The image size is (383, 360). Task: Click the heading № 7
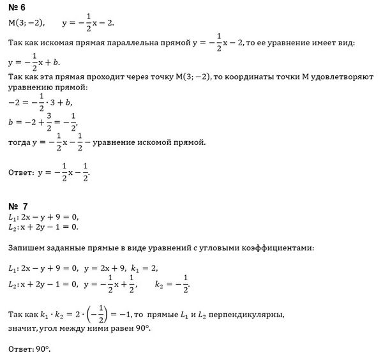pyautogui.click(x=19, y=206)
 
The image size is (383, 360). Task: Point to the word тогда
pyautogui.click(x=21, y=142)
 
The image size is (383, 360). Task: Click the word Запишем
pyautogui.click(x=26, y=247)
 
